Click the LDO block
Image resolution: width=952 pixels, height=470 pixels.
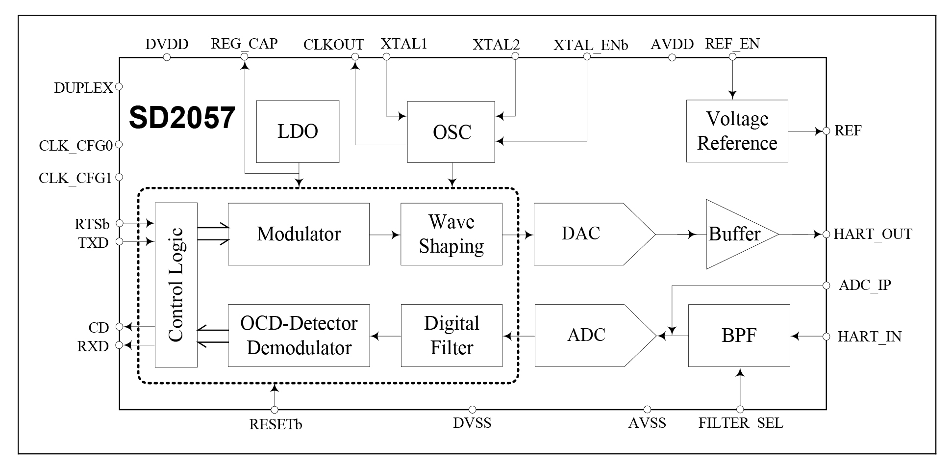pyautogui.click(x=298, y=131)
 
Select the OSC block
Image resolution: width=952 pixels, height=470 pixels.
pyautogui.click(x=451, y=132)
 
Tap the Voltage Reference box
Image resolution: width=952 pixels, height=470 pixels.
pyautogui.click(x=737, y=131)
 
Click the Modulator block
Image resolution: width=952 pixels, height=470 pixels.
pyautogui.click(x=299, y=234)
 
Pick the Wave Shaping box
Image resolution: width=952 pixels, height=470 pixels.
pyautogui.click(x=451, y=234)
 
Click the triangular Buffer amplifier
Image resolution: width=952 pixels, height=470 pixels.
pyautogui.click(x=735, y=234)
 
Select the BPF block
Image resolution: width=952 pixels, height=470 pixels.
pyautogui.click(x=739, y=336)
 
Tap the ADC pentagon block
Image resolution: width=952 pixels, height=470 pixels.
pyautogui.click(x=588, y=336)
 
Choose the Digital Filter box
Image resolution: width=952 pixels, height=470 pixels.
pyautogui.click(x=451, y=336)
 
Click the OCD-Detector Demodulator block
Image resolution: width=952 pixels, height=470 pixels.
pyautogui.click(x=299, y=336)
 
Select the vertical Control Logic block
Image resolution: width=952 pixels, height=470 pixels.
pyautogui.click(x=176, y=285)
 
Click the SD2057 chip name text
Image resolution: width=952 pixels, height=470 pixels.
pyautogui.click(x=182, y=118)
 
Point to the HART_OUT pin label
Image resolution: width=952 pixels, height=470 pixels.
pyautogui.click(x=873, y=234)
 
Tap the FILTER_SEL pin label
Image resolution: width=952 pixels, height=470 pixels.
pyautogui.click(x=740, y=423)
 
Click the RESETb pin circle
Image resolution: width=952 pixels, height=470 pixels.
pyautogui.click(x=275, y=410)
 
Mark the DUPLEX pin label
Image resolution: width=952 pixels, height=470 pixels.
pyautogui.click(x=83, y=88)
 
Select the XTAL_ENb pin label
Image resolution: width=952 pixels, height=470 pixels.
pyautogui.click(x=590, y=45)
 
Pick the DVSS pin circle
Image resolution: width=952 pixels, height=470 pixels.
pyautogui.click(x=472, y=410)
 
